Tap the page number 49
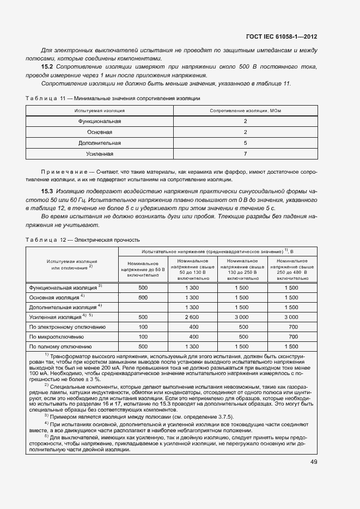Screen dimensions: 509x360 pyautogui.click(x=313, y=462)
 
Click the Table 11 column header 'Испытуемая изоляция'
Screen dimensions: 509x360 pyautogui.click(x=99, y=111)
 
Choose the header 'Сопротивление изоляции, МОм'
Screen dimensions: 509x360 pyautogui.click(x=245, y=111)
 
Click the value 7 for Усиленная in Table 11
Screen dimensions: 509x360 pyautogui.click(x=245, y=154)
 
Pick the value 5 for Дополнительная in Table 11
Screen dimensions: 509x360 pyautogui.click(x=245, y=143)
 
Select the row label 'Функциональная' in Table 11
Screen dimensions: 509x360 pyautogui.click(x=99, y=121)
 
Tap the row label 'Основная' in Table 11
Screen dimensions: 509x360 pyautogui.click(x=99, y=132)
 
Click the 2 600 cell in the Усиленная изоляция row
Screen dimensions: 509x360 pyautogui.click(x=192, y=317)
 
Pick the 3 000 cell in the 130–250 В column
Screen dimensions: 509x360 pyautogui.click(x=241, y=317)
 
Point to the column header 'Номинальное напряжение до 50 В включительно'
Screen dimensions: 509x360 pyautogui.click(x=143, y=269)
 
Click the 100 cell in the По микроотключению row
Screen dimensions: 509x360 pyautogui.click(x=143, y=336)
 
